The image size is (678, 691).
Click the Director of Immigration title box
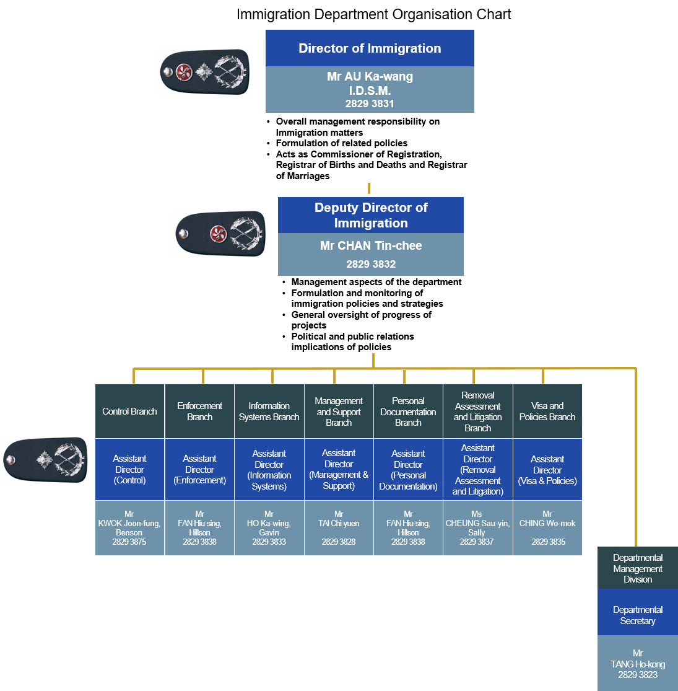click(370, 48)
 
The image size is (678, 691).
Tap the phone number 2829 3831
click(370, 104)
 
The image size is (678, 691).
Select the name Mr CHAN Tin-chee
click(371, 246)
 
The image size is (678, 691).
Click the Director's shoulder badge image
click(204, 72)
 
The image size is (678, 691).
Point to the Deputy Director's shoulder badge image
click(220, 234)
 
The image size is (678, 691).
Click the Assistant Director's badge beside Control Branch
click(45, 460)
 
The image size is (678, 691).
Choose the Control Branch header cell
click(129, 412)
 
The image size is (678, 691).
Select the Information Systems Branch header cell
click(269, 412)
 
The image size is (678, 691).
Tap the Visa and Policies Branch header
click(547, 412)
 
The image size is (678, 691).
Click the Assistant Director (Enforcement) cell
click(199, 469)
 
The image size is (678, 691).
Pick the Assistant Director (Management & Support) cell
click(339, 469)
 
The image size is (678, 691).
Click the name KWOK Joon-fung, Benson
click(129, 524)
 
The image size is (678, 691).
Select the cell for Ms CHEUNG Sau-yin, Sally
click(477, 527)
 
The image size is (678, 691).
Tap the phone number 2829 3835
click(548, 542)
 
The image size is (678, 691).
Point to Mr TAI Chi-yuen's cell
click(339, 527)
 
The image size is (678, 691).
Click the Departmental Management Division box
click(638, 568)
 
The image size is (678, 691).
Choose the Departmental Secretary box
click(638, 615)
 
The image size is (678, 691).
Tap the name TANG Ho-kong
click(638, 664)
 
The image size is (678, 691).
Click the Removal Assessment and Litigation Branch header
click(478, 412)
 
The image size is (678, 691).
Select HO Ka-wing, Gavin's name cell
click(269, 527)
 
